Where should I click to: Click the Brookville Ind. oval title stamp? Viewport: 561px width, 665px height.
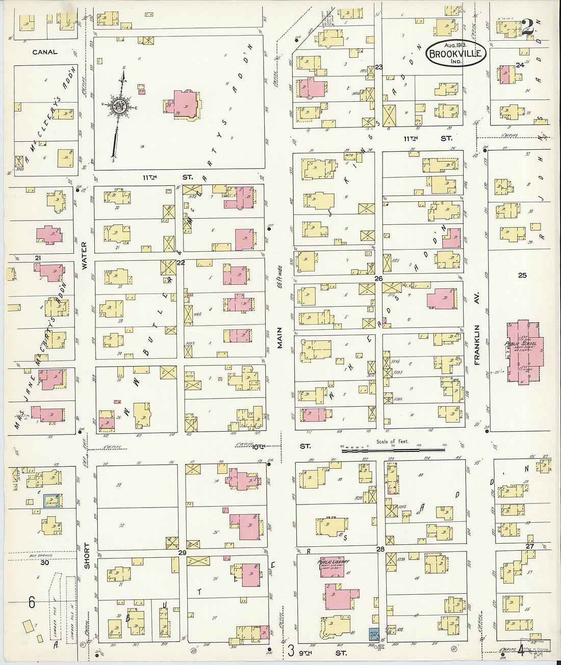(456, 53)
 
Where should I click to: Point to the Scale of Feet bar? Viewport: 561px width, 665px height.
(393, 449)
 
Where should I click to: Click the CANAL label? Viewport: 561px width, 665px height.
(45, 52)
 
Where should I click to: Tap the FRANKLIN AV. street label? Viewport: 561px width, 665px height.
(478, 345)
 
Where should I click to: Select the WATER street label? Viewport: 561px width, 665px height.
(84, 255)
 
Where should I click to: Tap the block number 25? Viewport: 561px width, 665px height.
(522, 276)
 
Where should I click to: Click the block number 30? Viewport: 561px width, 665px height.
(45, 562)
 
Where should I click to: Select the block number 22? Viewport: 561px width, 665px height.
(180, 263)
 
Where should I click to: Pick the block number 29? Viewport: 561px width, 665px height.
(182, 552)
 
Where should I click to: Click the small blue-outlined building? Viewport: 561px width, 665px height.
(52, 501)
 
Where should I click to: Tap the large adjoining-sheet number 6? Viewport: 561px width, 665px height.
(32, 603)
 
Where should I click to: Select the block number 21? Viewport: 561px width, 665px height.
(37, 258)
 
